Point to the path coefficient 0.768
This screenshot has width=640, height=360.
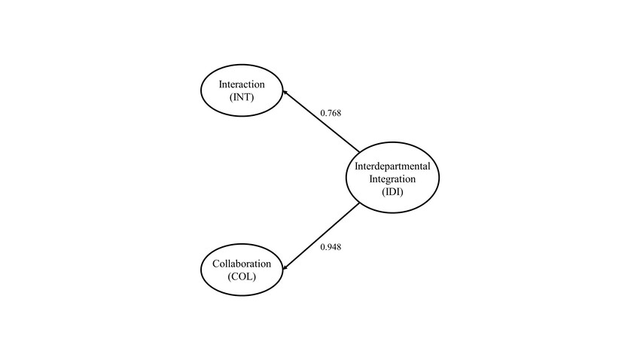coord(331,113)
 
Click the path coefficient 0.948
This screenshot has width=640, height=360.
coord(331,246)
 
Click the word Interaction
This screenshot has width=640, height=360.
coord(241,83)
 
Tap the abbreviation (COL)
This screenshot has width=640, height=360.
coord(242,276)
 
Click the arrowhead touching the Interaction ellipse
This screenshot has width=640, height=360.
coord(285,93)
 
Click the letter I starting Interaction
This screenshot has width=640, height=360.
coord(220,83)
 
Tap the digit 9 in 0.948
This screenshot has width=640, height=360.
coord(329,246)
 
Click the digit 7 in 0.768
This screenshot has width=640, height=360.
coord(329,113)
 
